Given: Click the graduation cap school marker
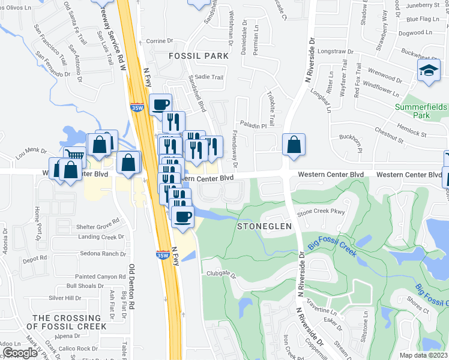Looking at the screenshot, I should coord(429,70).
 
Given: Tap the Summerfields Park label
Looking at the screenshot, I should coord(421,111).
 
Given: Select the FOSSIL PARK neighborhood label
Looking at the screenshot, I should coord(199,56).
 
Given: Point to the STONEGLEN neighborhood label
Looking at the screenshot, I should coord(264,226).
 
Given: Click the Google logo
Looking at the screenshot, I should coord(20,353).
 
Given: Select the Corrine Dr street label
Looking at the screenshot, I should coord(159,41).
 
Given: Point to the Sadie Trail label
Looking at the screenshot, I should coord(209,77).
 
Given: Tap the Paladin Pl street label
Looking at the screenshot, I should coord(255,126).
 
